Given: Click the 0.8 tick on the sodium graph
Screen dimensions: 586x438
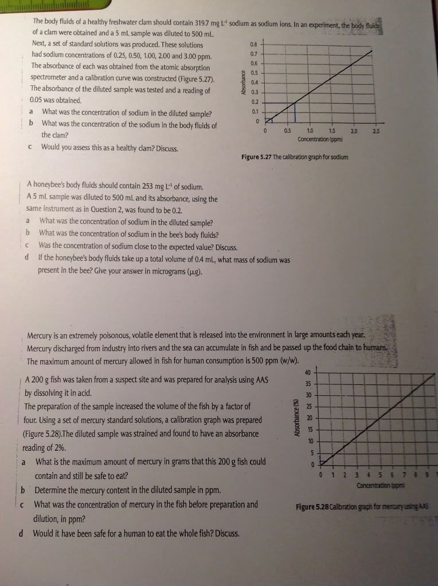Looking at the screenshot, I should click(254, 43).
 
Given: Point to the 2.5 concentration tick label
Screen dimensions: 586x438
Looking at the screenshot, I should click(375, 132).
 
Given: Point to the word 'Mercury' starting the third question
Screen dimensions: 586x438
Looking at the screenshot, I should click(41, 335).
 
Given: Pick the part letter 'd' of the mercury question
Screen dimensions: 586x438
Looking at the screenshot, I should click(21, 533).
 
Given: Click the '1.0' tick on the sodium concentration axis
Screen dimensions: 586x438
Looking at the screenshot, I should click(310, 132).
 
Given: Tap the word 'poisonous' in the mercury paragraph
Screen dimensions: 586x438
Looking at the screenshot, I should click(113, 335).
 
